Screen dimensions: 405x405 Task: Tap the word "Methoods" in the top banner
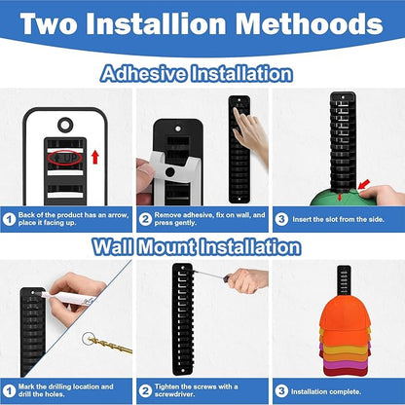point(310,23)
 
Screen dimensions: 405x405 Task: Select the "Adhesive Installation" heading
point(197,74)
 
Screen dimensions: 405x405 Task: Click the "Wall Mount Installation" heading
point(197,247)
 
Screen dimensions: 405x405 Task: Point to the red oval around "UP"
point(65,158)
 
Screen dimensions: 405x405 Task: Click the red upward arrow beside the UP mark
point(95,157)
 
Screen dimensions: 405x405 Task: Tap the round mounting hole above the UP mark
point(65,125)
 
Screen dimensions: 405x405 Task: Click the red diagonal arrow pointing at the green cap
point(364,184)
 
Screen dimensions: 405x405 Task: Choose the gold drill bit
point(110,345)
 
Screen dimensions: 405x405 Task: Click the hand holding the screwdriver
point(247,280)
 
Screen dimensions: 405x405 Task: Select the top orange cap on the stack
point(345,314)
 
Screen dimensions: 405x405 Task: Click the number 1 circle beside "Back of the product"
point(9,219)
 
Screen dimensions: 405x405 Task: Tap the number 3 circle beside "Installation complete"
point(281,391)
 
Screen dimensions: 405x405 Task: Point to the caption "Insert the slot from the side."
point(338,219)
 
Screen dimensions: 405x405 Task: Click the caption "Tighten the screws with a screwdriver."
point(196,390)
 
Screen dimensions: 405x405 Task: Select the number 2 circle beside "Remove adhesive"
point(145,219)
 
